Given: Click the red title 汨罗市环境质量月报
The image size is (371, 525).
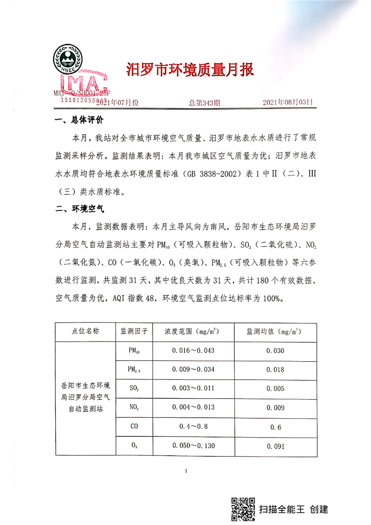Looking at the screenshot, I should (x=190, y=70).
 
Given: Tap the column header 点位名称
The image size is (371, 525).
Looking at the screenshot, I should (x=86, y=332).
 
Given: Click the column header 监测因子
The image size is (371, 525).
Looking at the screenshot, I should (x=134, y=332).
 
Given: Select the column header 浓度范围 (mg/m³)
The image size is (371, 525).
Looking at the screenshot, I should (x=193, y=332).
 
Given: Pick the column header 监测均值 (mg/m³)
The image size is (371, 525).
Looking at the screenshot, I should (x=275, y=332).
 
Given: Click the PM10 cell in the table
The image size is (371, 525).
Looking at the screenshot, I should (x=134, y=350).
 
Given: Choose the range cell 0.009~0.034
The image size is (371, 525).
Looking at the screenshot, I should (x=193, y=370).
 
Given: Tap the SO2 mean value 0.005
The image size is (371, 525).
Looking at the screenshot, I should (x=275, y=388).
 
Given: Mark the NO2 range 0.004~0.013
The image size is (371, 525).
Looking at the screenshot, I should (x=193, y=407).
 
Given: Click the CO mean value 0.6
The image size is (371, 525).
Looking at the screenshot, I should (x=275, y=427).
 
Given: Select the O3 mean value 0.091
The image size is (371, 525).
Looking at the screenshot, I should (x=275, y=446).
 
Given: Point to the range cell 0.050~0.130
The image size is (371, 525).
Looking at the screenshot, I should (x=193, y=445).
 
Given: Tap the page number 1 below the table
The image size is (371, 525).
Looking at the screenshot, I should (x=186, y=471).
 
